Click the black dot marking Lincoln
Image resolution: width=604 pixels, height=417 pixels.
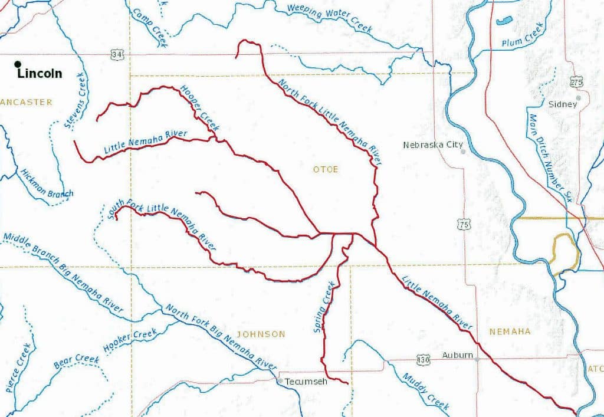(x=18, y=64)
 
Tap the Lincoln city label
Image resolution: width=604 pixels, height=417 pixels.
(x=40, y=74)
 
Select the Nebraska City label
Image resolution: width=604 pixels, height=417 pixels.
(x=432, y=145)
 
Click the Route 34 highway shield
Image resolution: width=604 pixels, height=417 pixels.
(x=117, y=54)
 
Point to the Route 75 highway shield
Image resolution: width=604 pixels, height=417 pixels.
(x=463, y=224)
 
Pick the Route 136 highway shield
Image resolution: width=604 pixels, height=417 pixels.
(x=422, y=359)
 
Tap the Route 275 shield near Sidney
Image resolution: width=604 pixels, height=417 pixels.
(x=576, y=82)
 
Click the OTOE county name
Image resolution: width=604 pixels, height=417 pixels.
(x=326, y=169)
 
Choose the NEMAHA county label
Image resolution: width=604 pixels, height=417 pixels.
(x=510, y=331)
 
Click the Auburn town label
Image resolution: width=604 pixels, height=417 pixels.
(x=457, y=355)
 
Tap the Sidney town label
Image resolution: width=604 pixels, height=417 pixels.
(x=562, y=104)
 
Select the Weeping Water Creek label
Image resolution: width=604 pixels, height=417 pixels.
(x=330, y=18)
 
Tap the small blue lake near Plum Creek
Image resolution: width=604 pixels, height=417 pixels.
(x=504, y=22)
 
